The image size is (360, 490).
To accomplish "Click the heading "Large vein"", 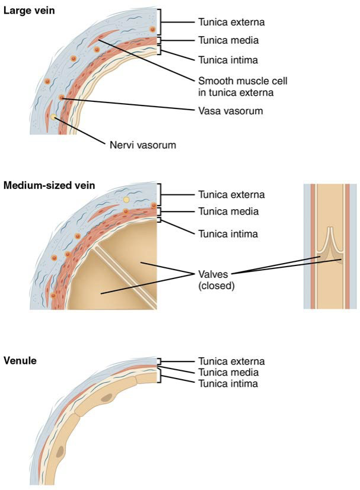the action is click(x=29, y=11).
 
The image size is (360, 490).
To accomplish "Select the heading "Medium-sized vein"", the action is click(x=49, y=185).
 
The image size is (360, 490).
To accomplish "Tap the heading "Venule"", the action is click(x=20, y=361).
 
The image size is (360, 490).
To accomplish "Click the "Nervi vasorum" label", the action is click(x=143, y=145).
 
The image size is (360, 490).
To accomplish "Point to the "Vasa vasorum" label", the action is click(x=231, y=111).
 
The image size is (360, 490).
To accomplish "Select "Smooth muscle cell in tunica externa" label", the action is click(x=243, y=87).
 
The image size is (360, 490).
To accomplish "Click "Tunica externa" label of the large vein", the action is click(x=231, y=22).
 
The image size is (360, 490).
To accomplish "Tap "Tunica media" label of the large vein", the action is click(x=228, y=40).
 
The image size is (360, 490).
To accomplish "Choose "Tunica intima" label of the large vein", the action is click(x=228, y=60).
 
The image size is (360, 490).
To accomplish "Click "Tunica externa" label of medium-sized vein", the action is click(x=231, y=195).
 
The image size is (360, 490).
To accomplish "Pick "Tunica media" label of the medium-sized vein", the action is click(x=228, y=212).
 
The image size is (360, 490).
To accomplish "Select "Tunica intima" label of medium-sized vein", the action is click(x=228, y=234).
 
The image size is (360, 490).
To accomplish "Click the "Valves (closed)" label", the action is click(x=216, y=280).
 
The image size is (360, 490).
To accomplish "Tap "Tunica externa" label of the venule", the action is click(x=231, y=361).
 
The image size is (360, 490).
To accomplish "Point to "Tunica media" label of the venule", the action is click(x=228, y=373).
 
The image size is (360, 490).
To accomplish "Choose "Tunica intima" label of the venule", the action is click(x=228, y=384).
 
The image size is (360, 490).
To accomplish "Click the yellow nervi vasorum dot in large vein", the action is click(x=54, y=117).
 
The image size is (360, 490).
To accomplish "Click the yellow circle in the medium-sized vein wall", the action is click(x=126, y=199).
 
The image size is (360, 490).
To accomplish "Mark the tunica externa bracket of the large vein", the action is click(x=161, y=22).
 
